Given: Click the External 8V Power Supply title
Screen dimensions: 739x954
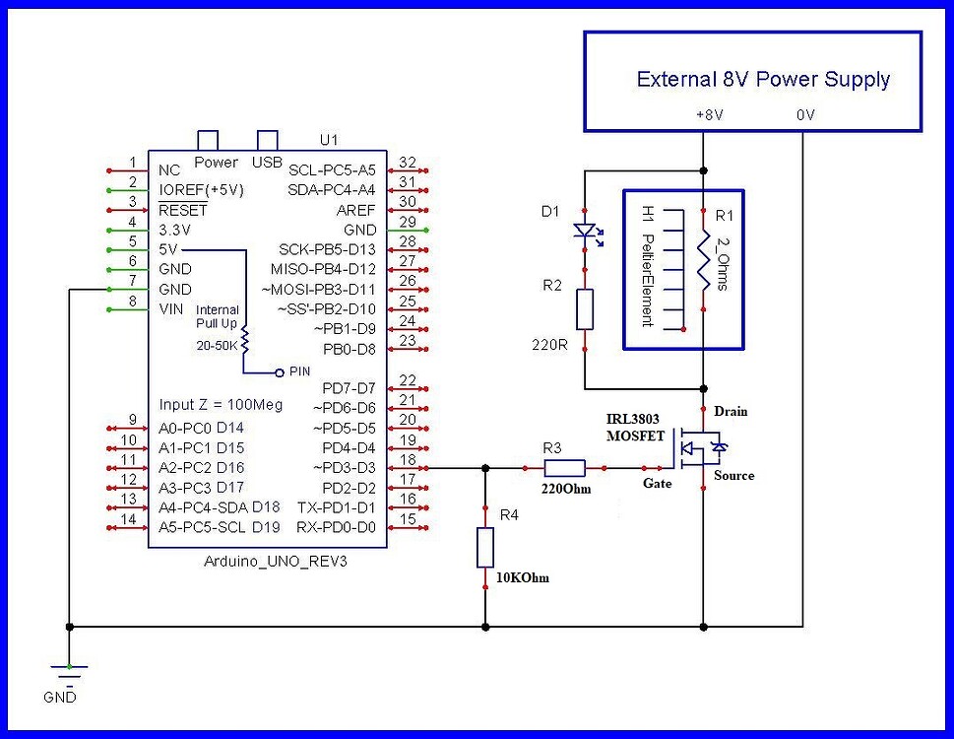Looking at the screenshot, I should coord(763,80).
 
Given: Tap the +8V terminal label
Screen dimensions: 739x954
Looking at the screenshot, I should coord(709,115).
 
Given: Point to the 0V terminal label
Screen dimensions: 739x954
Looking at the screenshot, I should coord(804,115).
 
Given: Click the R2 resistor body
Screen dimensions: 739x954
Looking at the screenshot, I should coord(585,308).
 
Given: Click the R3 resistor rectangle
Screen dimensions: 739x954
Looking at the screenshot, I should coord(564,468).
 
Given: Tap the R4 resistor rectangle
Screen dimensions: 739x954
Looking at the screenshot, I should coord(485,547).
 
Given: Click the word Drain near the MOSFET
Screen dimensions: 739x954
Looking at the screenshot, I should coord(731,410).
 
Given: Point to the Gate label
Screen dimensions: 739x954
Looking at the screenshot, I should coord(658,484).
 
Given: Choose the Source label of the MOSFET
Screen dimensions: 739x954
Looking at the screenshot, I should coord(733,476).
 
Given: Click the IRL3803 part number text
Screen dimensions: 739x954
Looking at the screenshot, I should coord(632,419).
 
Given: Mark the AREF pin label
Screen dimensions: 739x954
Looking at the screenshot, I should coord(356,209).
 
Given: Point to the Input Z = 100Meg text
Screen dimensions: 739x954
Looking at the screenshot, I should coord(221,405).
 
